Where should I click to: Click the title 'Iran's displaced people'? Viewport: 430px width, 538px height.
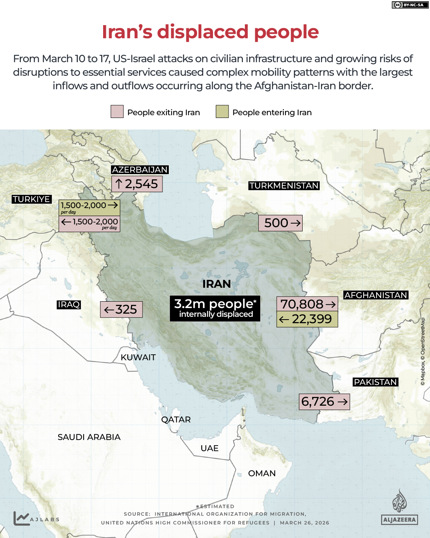(x=210, y=32)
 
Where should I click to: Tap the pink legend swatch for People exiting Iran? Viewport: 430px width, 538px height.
(x=117, y=112)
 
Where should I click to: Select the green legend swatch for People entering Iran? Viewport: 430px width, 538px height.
(x=222, y=112)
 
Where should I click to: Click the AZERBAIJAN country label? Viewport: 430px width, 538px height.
(x=140, y=170)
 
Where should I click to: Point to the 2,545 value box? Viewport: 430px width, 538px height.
(x=137, y=184)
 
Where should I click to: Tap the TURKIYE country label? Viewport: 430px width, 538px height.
(x=31, y=199)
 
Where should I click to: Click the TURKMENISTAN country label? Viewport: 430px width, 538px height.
(x=284, y=186)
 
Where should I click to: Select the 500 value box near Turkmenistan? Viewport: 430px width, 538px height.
(x=281, y=223)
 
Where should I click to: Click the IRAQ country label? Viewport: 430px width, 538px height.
(x=69, y=304)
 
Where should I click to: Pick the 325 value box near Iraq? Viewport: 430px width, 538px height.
(x=121, y=309)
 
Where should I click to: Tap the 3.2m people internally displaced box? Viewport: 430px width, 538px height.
(x=215, y=308)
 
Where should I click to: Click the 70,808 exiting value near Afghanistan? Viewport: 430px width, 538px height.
(x=307, y=304)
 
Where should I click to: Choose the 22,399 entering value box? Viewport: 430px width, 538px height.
(x=307, y=319)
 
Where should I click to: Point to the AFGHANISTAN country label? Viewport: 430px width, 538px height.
(x=375, y=295)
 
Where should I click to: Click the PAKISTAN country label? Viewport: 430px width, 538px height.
(x=375, y=382)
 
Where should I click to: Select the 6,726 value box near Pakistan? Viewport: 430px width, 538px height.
(x=324, y=402)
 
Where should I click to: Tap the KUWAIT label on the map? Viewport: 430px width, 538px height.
(x=138, y=357)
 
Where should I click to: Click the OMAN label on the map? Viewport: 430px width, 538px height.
(x=262, y=473)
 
